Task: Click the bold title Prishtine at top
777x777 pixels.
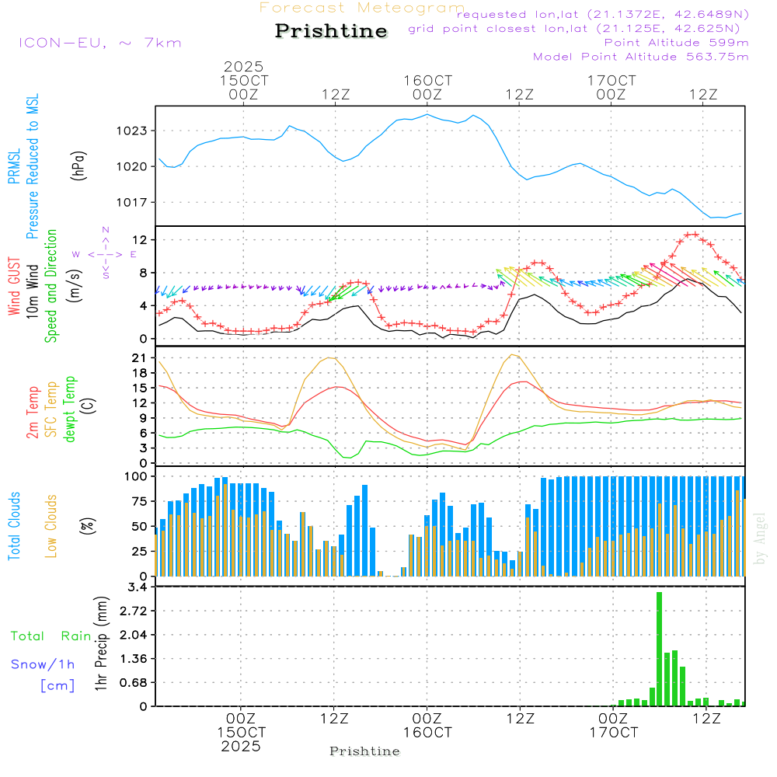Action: (331, 31)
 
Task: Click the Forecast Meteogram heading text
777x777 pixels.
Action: (362, 8)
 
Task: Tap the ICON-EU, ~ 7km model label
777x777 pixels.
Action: (99, 43)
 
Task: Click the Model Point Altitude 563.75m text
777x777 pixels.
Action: (640, 57)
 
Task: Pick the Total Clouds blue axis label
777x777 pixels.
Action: (14, 525)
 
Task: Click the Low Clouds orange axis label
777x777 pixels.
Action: (51, 525)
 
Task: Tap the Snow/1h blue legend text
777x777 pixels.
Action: (44, 664)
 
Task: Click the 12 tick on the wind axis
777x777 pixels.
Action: (141, 239)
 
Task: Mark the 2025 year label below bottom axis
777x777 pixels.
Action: (241, 746)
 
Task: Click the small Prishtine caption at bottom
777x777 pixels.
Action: (364, 751)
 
